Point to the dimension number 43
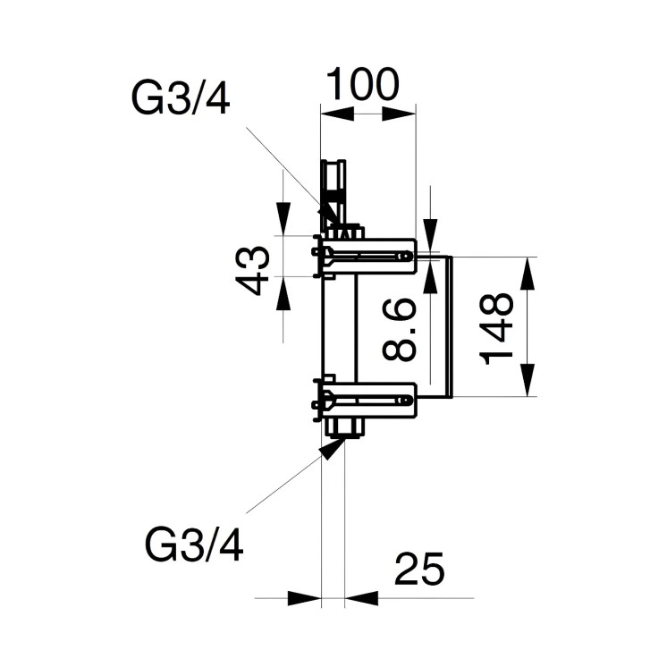[255, 270]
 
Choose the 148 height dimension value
[497, 328]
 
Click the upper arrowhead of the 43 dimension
[283, 218]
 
